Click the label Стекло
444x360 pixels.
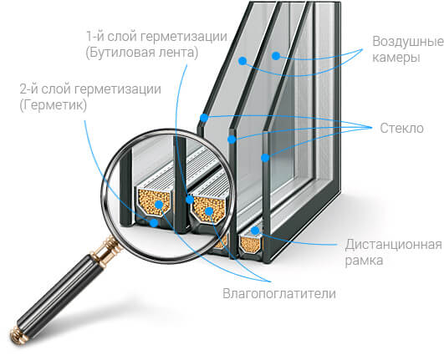click(x=401, y=128)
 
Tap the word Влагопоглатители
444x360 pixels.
click(x=279, y=293)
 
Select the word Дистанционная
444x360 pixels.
click(x=394, y=245)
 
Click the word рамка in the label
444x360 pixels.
click(x=364, y=261)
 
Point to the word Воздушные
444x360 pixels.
click(x=408, y=42)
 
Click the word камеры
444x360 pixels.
click(x=396, y=58)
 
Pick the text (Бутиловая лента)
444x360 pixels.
click(x=142, y=53)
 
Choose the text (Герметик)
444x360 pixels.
click(x=54, y=105)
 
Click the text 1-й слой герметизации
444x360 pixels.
click(x=156, y=37)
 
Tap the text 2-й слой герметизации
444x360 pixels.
click(x=90, y=89)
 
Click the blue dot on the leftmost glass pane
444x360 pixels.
click(x=204, y=118)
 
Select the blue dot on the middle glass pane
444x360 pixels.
click(x=232, y=139)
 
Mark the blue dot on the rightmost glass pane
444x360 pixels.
click(x=265, y=158)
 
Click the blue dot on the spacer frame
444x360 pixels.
click(x=255, y=231)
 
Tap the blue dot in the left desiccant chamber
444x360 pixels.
click(x=159, y=204)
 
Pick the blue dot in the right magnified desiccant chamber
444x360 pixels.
click(x=209, y=211)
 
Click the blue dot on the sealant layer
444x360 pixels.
click(x=154, y=223)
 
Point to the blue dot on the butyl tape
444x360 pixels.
click(x=190, y=200)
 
